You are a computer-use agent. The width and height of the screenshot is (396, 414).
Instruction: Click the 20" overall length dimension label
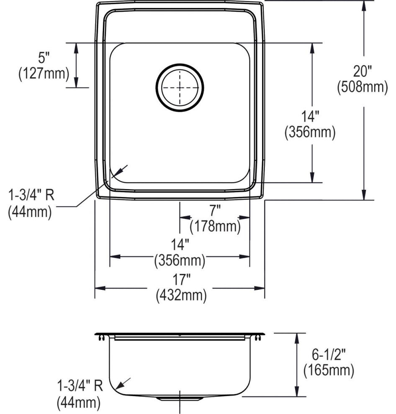click(x=363, y=71)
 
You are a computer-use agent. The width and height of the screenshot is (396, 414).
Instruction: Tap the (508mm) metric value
click(x=363, y=87)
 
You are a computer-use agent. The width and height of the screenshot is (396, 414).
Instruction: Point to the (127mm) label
click(x=44, y=73)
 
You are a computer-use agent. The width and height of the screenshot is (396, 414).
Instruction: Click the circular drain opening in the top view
click(x=180, y=87)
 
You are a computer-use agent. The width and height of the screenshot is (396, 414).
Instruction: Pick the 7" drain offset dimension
click(x=215, y=211)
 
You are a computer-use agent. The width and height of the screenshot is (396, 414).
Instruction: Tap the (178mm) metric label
click(x=215, y=226)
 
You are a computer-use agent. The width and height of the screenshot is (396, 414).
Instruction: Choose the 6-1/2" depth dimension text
click(x=329, y=355)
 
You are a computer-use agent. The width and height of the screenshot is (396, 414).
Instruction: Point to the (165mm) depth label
click(x=329, y=370)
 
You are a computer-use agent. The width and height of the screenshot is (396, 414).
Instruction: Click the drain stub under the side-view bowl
click(x=180, y=398)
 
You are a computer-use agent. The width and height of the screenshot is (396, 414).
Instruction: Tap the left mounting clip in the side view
click(x=102, y=337)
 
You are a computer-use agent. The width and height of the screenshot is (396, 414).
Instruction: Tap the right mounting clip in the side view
click(x=258, y=337)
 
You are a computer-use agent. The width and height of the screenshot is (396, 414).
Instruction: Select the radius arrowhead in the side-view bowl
click(x=119, y=385)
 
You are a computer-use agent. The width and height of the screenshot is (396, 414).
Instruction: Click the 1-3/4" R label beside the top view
click(x=31, y=196)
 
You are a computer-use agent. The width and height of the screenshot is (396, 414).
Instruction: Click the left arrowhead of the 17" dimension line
click(x=100, y=288)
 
